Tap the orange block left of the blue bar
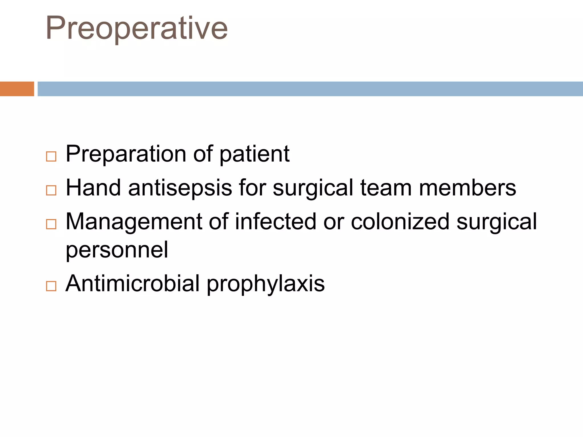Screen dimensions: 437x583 click(x=17, y=89)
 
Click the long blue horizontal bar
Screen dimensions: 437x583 click(x=310, y=89)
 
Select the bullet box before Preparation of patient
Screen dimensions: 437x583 click(x=51, y=156)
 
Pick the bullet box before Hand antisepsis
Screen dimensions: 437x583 click(x=51, y=190)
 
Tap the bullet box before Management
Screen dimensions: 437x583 click(x=51, y=224)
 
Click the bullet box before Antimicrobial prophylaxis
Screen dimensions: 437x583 click(x=51, y=286)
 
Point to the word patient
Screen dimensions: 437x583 click(x=254, y=154)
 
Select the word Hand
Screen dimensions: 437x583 click(x=93, y=188)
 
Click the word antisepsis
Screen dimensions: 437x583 click(x=180, y=188)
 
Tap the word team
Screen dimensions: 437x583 click(x=386, y=188)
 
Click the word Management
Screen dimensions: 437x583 click(x=134, y=222)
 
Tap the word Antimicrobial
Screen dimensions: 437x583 click(x=133, y=283)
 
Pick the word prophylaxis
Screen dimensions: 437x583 click(x=266, y=284)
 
